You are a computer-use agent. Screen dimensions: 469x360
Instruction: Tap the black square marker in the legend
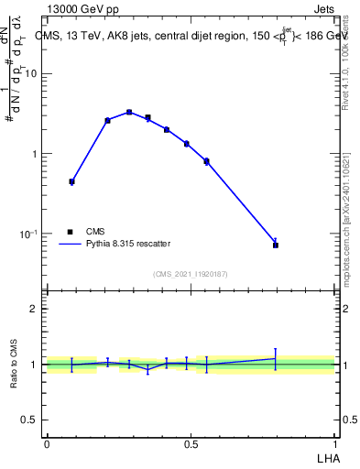[x=70, y=232]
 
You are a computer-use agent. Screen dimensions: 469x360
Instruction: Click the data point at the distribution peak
[x=129, y=112]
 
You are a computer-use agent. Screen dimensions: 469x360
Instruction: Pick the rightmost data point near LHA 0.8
[x=275, y=245]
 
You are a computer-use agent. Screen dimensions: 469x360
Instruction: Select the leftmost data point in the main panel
[x=71, y=181]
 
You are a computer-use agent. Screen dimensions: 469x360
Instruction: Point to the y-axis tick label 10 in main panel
[x=31, y=74]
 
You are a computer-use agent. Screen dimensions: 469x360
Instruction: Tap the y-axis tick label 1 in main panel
[x=35, y=154]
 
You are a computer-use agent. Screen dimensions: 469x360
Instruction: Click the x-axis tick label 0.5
[x=191, y=443]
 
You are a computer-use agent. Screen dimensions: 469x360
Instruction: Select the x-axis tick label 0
[x=47, y=443]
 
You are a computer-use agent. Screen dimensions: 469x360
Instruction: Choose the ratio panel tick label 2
[x=35, y=309]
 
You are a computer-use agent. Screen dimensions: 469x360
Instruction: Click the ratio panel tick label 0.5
[x=30, y=420]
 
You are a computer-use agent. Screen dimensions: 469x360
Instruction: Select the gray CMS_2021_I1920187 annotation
[x=190, y=274]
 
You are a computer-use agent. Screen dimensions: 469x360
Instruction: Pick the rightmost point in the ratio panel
[x=275, y=358]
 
